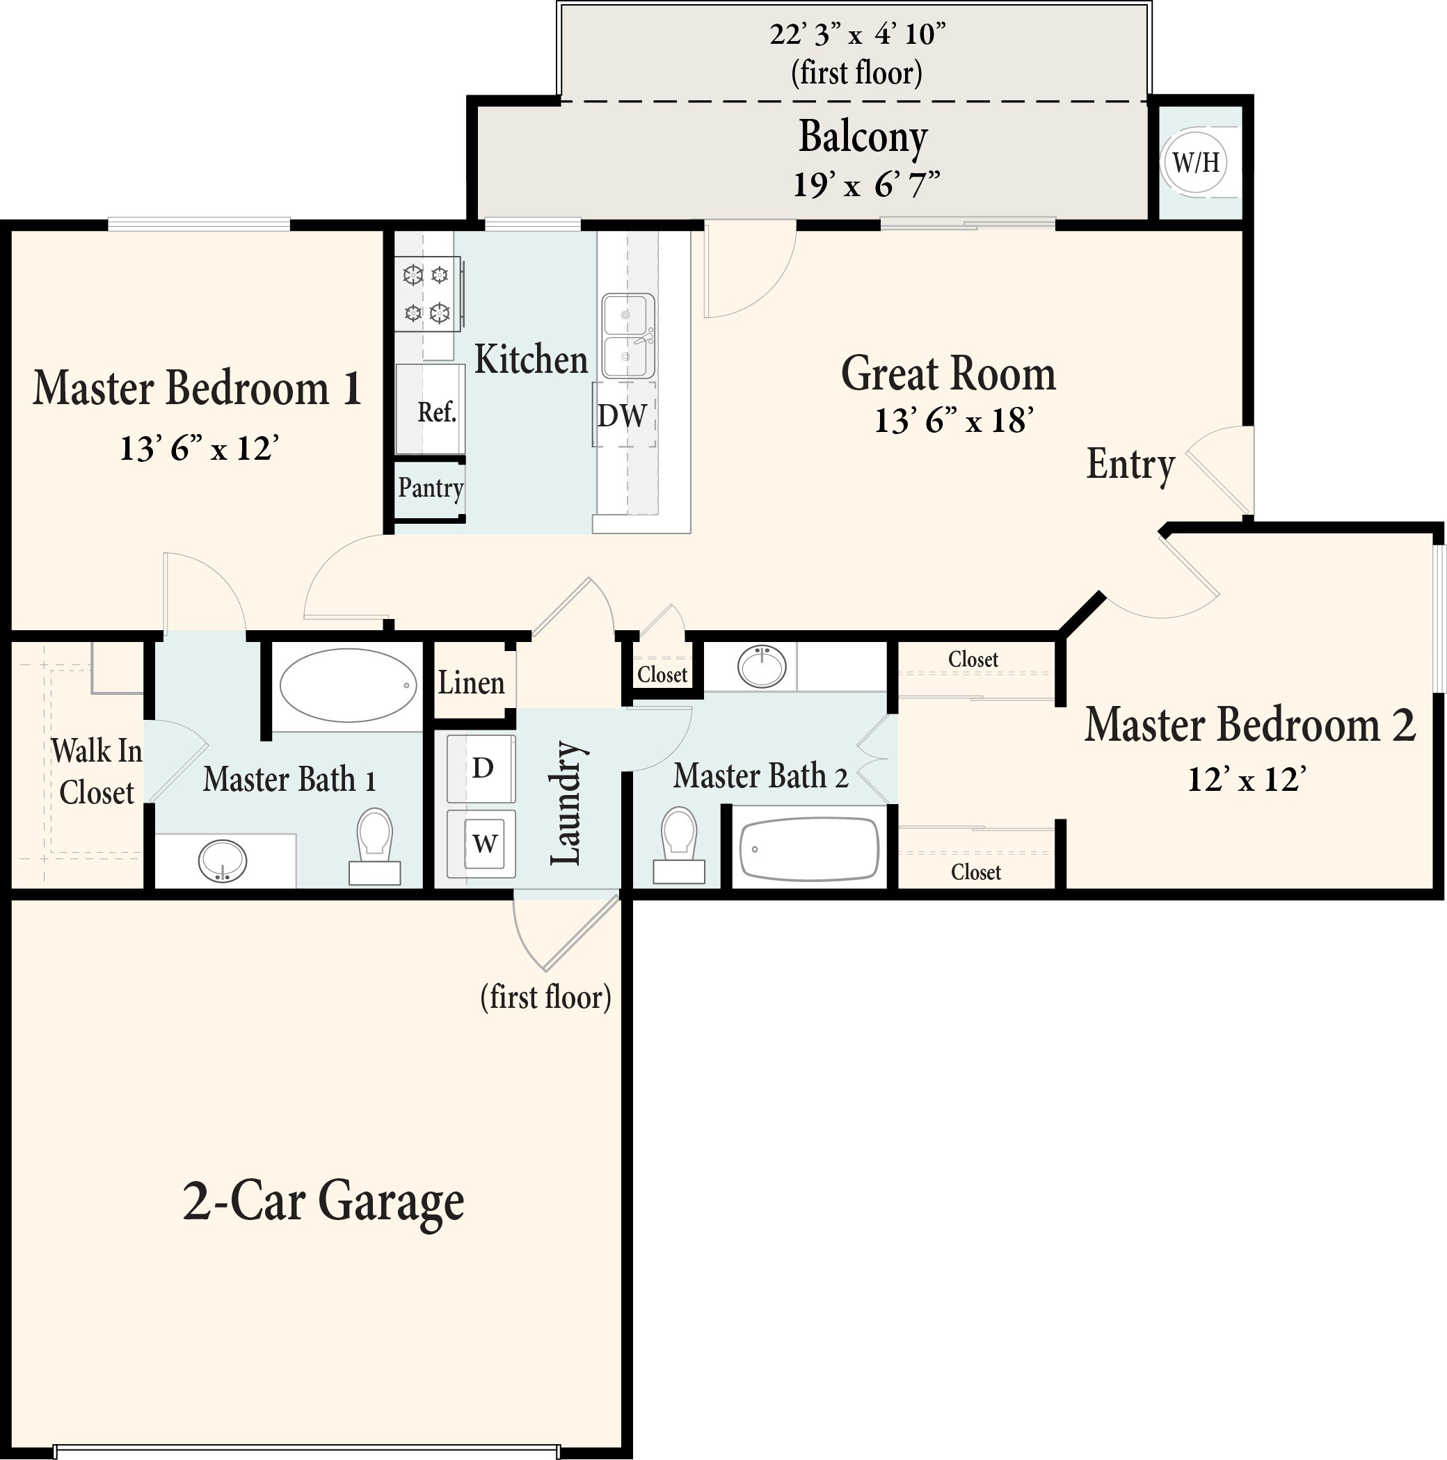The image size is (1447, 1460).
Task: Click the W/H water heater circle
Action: click(1195, 163)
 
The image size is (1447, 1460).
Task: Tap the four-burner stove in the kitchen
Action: click(427, 294)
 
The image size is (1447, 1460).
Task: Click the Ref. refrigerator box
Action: click(431, 410)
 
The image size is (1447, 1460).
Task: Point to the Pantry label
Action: click(430, 488)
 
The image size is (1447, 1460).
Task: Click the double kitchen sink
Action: click(627, 336)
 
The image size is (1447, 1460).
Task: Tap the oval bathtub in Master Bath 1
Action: click(348, 686)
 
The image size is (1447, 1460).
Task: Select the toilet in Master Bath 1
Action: click(374, 845)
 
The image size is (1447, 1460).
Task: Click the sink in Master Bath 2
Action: click(762, 666)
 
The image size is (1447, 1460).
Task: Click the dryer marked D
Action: click(482, 769)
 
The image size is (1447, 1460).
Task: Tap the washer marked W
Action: click(483, 842)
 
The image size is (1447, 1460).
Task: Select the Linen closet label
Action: click(471, 683)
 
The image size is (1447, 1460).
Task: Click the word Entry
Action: click(1130, 464)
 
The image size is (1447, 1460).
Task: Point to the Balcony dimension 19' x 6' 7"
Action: click(866, 184)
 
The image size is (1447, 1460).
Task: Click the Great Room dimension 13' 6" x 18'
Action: click(953, 421)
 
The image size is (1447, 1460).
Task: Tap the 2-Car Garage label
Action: click(323, 1201)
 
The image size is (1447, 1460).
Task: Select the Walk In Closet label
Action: click(96, 771)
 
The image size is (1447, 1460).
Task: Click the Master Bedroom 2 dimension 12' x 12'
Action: click(1246, 778)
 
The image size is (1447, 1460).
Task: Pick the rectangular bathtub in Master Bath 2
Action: click(808, 849)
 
